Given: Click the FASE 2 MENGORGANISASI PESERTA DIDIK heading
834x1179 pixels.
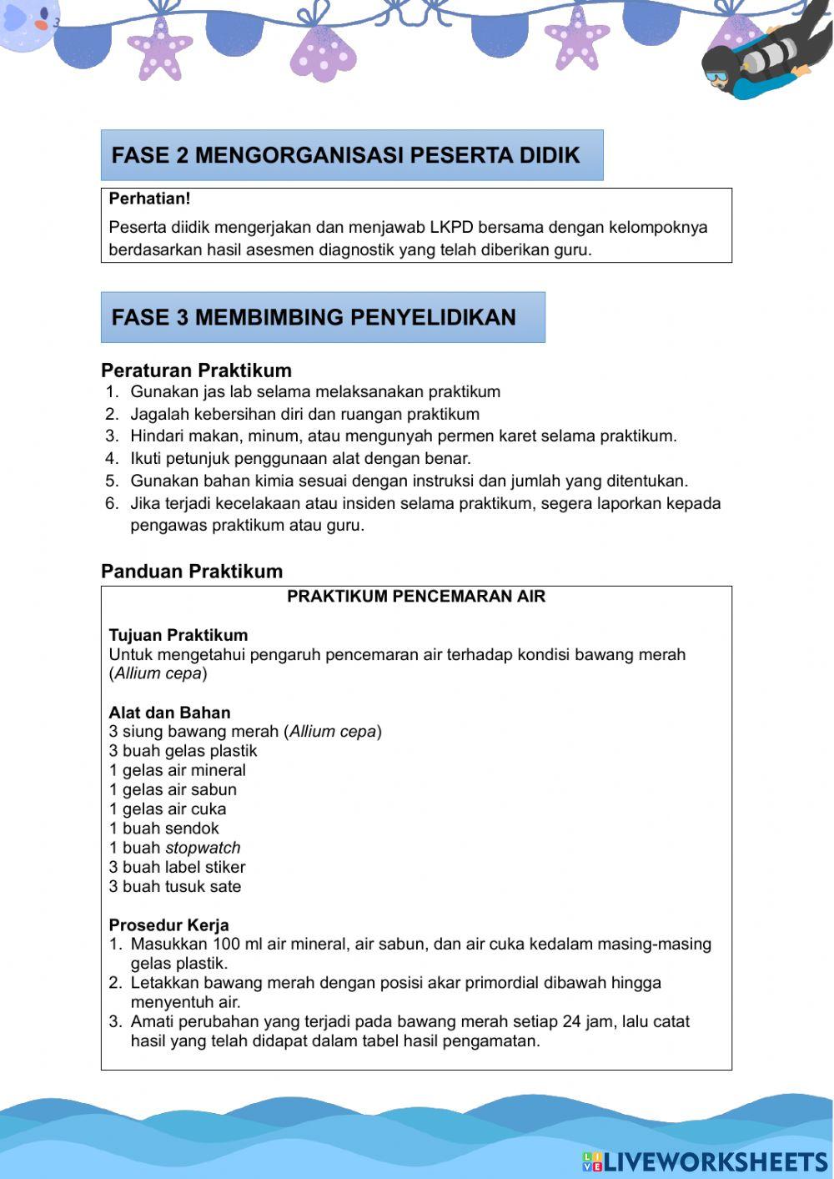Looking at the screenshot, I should point(346,155).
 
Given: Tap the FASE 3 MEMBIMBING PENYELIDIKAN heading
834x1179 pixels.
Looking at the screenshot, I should point(314,317).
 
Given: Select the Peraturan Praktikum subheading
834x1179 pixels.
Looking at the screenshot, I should point(196,370).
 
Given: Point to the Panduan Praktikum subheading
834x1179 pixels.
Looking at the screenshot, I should point(192,572).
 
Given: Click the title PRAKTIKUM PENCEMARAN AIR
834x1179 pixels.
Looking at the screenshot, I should point(416,597).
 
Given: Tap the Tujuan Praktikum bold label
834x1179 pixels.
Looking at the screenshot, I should point(178,635).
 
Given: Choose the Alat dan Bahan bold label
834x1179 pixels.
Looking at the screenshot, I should point(169,713).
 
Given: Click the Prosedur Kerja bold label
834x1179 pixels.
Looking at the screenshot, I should point(168,925).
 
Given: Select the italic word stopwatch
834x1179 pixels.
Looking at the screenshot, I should point(203,848).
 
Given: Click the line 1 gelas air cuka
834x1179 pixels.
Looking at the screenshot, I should point(167,809).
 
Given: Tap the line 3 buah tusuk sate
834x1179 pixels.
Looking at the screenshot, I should point(174,887).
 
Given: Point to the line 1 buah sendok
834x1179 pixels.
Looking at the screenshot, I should point(163,829).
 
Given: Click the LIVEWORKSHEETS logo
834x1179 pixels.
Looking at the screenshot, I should point(705,1161).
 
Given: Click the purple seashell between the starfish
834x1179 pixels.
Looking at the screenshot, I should point(324,53).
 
